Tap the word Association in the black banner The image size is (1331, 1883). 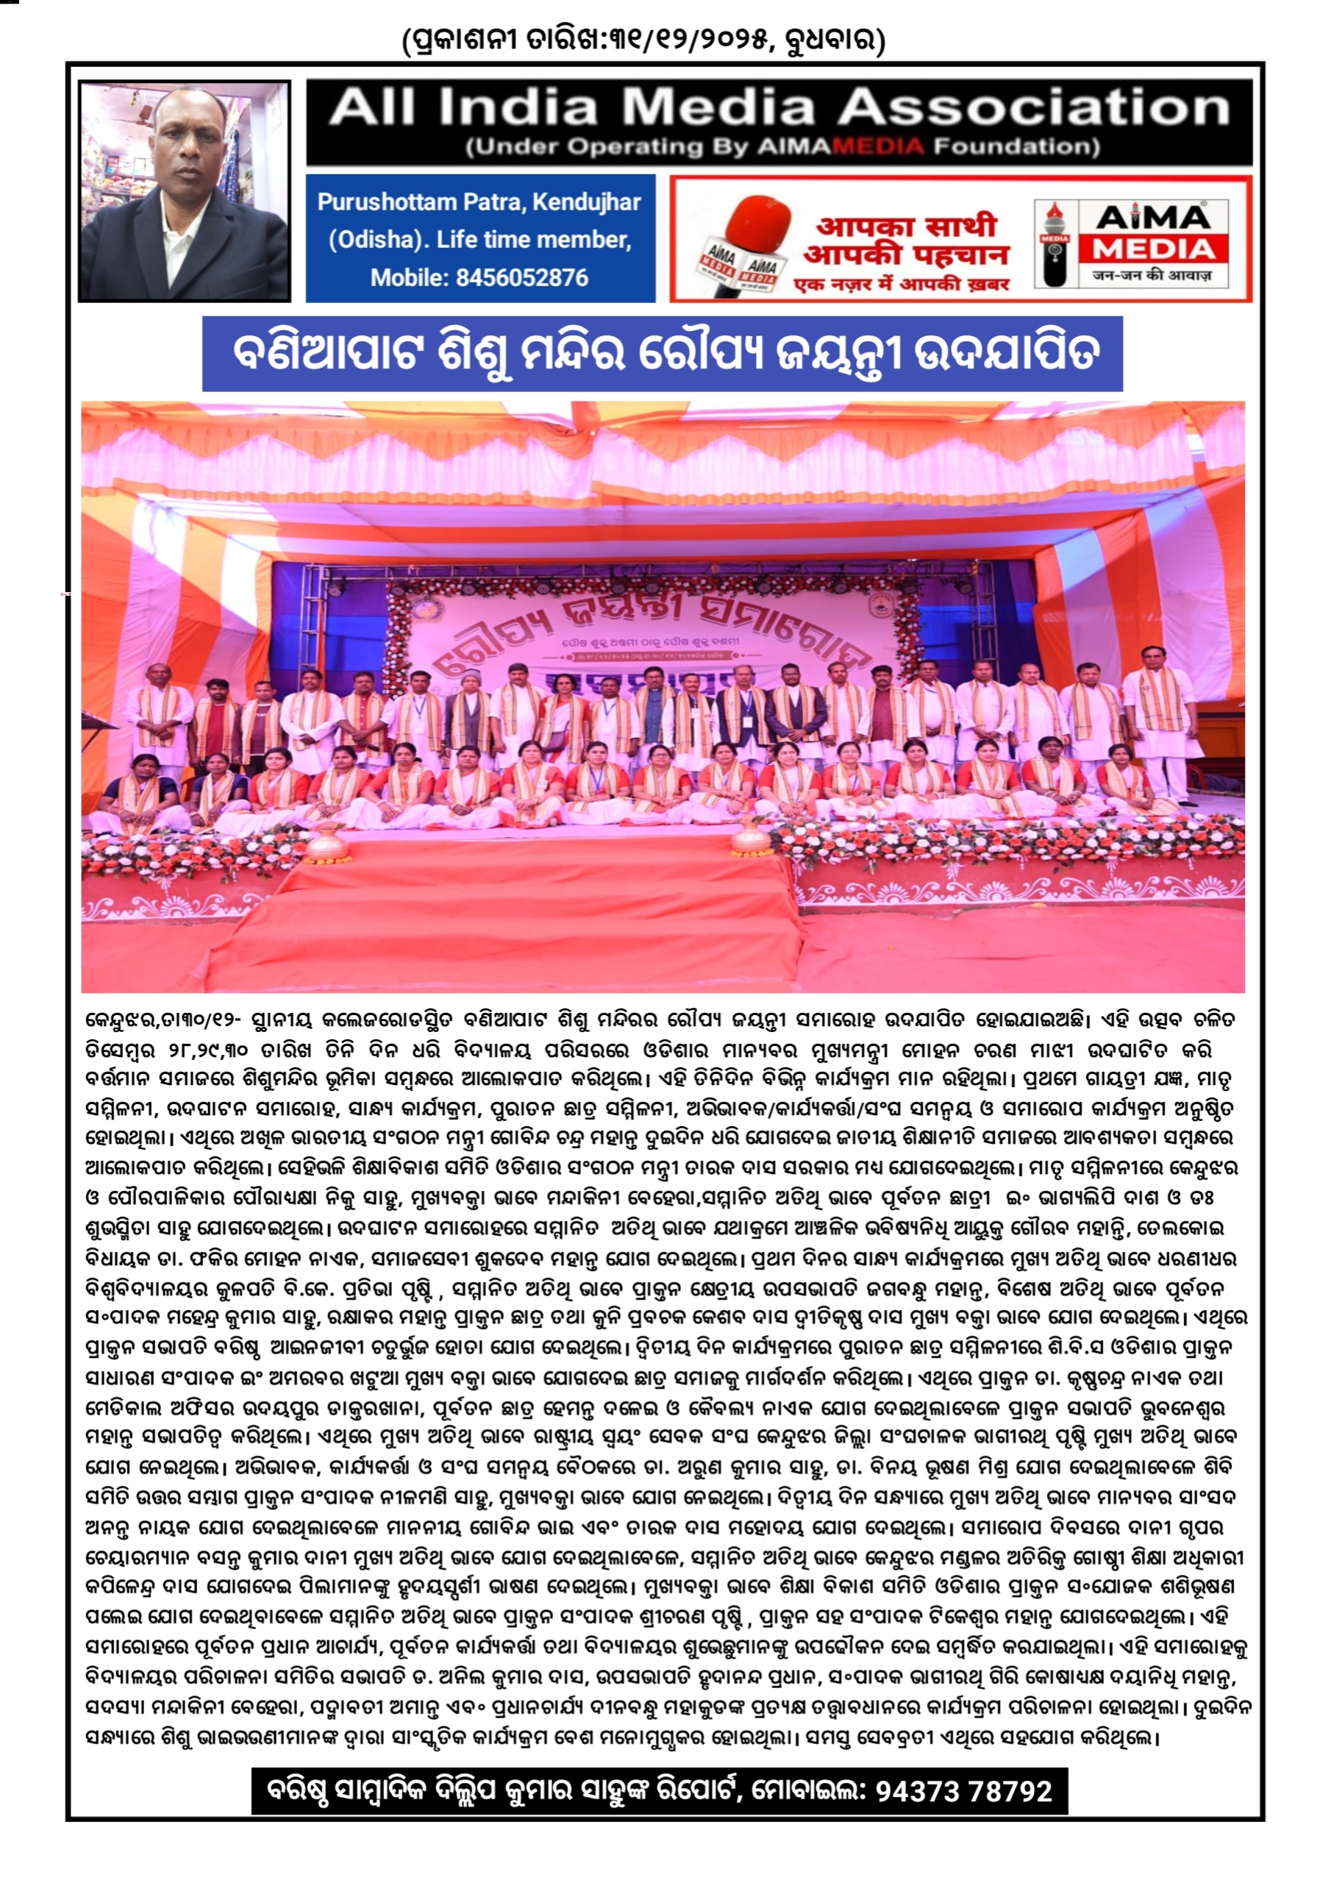tap(1032, 107)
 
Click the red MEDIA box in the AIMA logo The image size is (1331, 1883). tap(1154, 249)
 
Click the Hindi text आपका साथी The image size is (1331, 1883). tap(905, 226)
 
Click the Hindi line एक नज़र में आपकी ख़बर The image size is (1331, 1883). tap(902, 285)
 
